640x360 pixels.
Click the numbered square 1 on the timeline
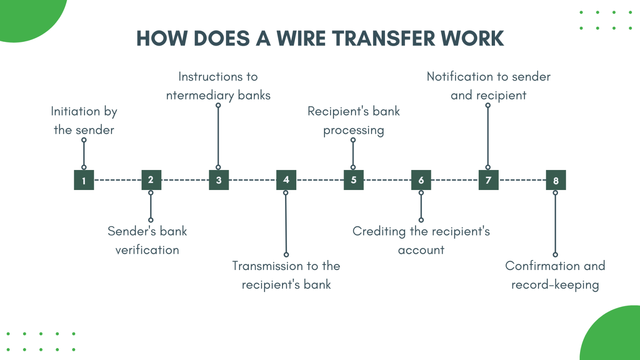point(84,180)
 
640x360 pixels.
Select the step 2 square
point(151,180)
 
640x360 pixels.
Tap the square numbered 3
point(219,180)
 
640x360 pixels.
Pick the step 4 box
point(286,180)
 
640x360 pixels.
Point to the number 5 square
point(354,180)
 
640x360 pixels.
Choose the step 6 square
point(421,180)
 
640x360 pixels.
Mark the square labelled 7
point(488,180)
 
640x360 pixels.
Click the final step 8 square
point(556,180)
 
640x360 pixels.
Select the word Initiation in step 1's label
point(75,111)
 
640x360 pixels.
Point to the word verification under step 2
point(147,250)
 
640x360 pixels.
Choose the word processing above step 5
point(354,130)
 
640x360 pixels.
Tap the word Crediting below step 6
point(379,232)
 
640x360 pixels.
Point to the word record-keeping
point(555,285)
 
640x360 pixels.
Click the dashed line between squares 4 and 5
point(320,180)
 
